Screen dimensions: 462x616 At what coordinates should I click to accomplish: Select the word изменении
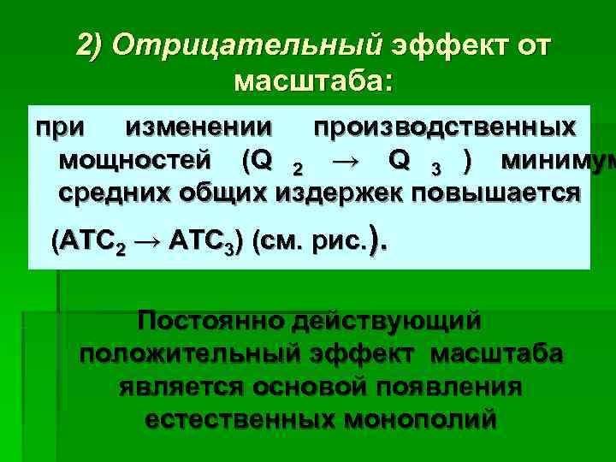click(x=199, y=128)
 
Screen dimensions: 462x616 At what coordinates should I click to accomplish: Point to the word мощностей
click(x=136, y=160)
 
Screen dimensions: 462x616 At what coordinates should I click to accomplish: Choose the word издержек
click(x=342, y=192)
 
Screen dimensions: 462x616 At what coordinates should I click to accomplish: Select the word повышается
click(x=497, y=192)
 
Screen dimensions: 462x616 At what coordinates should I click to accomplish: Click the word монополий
click(x=419, y=420)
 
